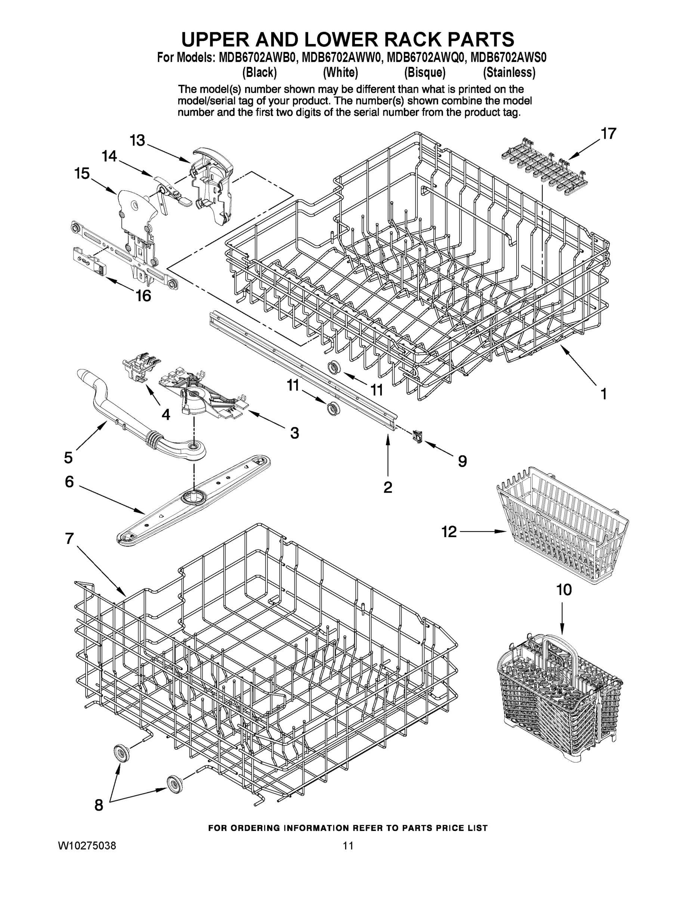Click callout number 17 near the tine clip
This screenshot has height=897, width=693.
tap(609, 133)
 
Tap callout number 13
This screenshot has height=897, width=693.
tap(137, 141)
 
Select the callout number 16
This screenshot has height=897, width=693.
tap(143, 296)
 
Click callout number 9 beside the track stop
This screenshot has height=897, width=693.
tap(462, 462)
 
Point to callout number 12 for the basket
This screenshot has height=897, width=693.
tap(449, 532)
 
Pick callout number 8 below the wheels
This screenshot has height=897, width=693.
tap(99, 805)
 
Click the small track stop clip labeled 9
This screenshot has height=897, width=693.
tap(418, 436)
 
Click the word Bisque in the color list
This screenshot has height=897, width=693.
tap(424, 73)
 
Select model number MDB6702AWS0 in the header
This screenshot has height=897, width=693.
tap(508, 58)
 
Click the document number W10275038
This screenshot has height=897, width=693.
tap(87, 854)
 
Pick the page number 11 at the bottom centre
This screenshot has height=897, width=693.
tap(348, 854)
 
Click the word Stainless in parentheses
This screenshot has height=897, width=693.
tap(509, 73)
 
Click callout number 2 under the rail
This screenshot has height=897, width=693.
tap(387, 487)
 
